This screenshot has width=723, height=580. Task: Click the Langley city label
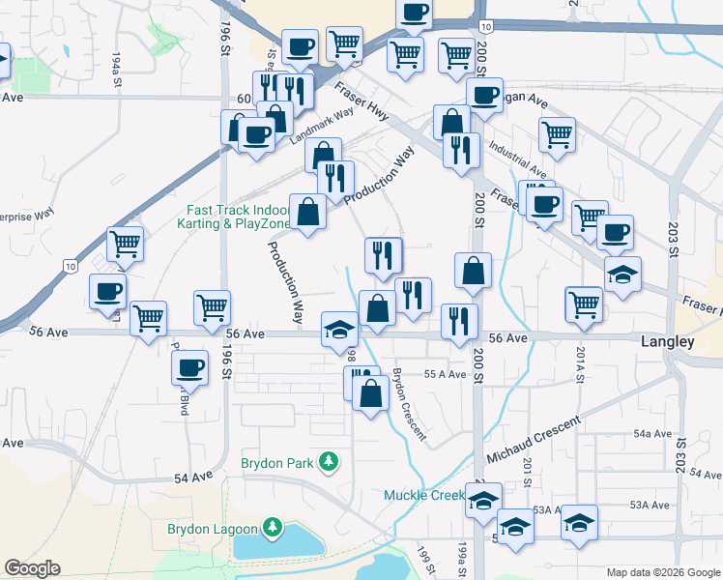(x=668, y=342)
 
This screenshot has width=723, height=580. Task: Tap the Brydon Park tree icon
(x=330, y=462)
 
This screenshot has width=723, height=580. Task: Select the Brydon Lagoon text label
(x=212, y=529)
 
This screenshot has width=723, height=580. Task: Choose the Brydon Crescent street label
(x=410, y=404)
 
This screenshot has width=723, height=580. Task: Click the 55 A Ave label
(x=446, y=374)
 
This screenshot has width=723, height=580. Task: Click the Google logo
(x=32, y=568)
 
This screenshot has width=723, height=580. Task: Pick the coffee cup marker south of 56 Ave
(x=190, y=366)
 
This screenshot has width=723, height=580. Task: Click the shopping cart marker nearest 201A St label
(x=584, y=304)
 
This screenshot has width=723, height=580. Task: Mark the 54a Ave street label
(x=652, y=435)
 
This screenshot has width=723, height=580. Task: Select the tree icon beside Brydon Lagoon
(x=274, y=528)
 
